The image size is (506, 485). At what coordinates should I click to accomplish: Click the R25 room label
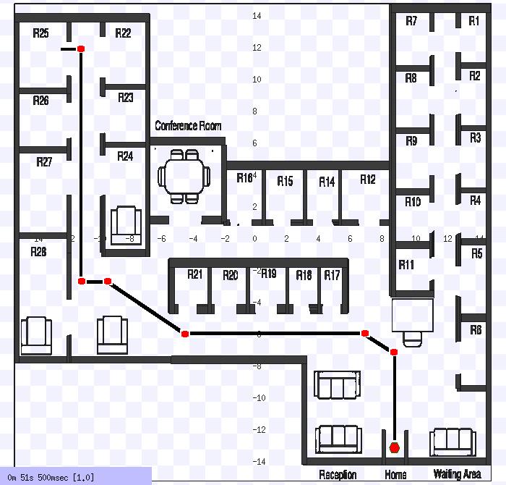[40, 33]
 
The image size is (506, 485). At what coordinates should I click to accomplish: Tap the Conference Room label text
[188, 126]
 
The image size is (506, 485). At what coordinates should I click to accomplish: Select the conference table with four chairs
[184, 176]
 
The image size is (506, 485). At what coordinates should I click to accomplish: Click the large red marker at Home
[394, 447]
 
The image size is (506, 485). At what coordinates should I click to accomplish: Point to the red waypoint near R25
[81, 48]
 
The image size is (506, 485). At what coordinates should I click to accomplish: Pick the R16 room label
[245, 177]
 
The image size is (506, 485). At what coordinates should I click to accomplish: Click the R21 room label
[195, 274]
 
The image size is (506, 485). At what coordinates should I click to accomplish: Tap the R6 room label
[476, 330]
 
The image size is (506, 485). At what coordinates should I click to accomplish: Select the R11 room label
[406, 265]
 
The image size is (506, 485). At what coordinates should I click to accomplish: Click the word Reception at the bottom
[338, 475]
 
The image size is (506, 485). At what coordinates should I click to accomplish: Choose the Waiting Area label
[458, 475]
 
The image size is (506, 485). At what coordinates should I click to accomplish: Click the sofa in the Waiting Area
[453, 442]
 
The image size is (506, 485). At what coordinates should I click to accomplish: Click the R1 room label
[473, 22]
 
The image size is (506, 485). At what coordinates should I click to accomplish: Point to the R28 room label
[38, 252]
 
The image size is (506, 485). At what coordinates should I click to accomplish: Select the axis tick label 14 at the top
[257, 15]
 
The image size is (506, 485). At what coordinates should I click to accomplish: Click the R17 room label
[332, 275]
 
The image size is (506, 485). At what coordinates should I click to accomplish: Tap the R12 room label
[368, 180]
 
